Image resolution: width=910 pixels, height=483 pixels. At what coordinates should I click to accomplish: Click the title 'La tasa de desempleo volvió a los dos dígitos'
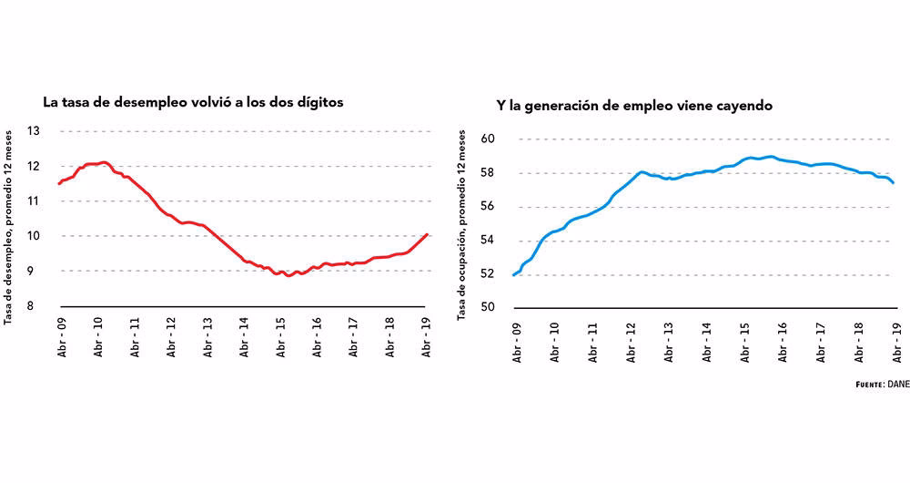[x=193, y=102]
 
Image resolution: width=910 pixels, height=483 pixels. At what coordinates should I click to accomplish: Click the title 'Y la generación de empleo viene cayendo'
[x=634, y=106]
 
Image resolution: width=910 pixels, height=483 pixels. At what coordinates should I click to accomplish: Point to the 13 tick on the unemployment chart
[x=35, y=131]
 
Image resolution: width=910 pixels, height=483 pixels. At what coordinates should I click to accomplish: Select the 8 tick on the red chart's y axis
[x=35, y=306]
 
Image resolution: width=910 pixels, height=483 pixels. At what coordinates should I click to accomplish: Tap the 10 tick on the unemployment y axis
[x=35, y=236]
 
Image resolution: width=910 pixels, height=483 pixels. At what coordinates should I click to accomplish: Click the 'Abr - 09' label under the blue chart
[x=516, y=342]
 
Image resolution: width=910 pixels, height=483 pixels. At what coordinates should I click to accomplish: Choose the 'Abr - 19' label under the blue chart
[x=897, y=342]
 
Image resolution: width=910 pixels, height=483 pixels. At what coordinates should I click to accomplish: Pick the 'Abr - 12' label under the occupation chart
[x=631, y=342]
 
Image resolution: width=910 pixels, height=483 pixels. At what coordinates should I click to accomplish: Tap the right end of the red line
[x=428, y=234]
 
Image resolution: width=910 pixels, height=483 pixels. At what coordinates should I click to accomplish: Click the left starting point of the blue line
[x=514, y=274]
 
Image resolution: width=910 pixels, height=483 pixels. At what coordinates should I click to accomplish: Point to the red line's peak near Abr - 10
[x=103, y=162]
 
